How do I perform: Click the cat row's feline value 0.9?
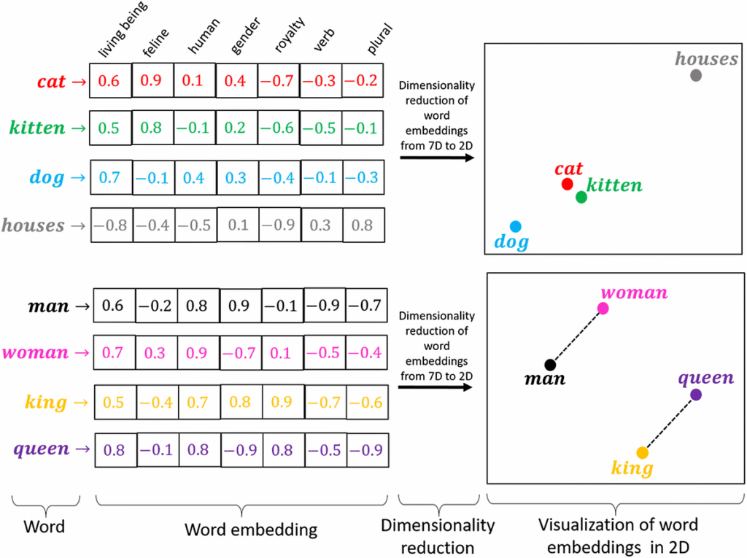(152, 81)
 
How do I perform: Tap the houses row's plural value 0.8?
(363, 225)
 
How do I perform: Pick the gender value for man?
(239, 306)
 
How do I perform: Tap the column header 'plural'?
(379, 41)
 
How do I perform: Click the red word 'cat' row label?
(52, 82)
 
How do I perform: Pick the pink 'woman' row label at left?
(35, 354)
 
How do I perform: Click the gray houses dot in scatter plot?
(696, 75)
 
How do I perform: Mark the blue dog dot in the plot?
(516, 226)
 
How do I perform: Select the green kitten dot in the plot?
(581, 197)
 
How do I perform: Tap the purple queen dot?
(696, 395)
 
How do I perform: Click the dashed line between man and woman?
(576, 336)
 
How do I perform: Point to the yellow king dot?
(642, 452)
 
